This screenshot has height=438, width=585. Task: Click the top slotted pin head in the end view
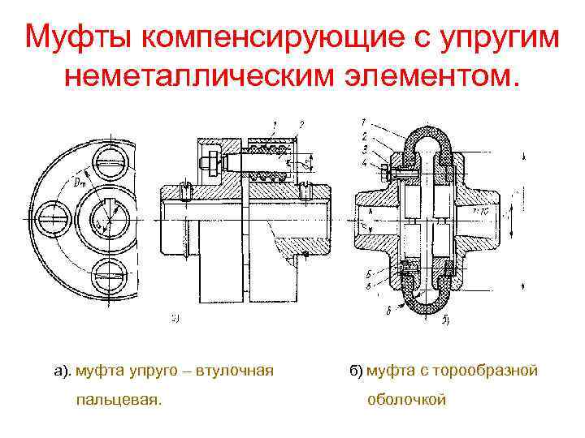tap(108, 165)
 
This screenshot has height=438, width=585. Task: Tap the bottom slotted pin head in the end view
tap(108, 270)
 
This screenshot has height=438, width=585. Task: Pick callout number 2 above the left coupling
tap(301, 123)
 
